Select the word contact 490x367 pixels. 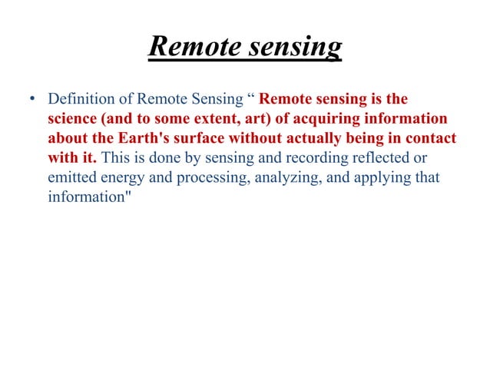tap(433, 140)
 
